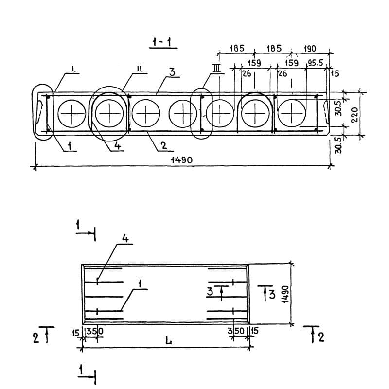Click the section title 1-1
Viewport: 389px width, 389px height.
(x=163, y=43)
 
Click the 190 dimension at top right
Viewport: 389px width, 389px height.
(x=310, y=48)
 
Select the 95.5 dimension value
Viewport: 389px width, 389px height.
(x=316, y=63)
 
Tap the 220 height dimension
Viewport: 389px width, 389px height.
(x=355, y=114)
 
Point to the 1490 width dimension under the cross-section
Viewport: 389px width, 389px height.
(x=181, y=160)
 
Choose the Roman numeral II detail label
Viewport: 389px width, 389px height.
(x=140, y=69)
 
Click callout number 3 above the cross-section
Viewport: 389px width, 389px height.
(x=172, y=72)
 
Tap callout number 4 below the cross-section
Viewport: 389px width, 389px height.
(x=117, y=145)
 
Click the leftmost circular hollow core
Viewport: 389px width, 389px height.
(x=71, y=114)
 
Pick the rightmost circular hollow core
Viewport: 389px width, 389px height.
(x=292, y=113)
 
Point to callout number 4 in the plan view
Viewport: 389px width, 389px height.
(x=125, y=239)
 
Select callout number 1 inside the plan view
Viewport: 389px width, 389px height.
(x=140, y=284)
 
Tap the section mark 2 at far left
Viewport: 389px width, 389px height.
(x=36, y=338)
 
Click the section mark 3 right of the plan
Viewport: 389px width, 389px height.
(x=272, y=295)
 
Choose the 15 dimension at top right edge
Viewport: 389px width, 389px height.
(x=335, y=73)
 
